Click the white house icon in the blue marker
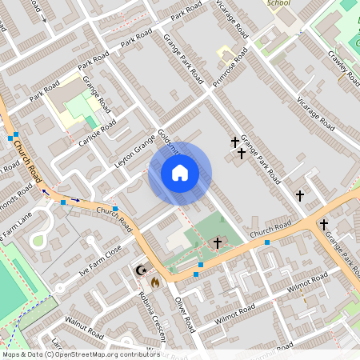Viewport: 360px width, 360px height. click(180, 173)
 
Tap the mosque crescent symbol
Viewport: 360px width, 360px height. click(142, 270)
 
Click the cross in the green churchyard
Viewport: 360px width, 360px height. click(217, 242)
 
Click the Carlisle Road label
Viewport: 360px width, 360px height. click(98, 133)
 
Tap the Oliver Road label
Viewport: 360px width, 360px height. click(184, 313)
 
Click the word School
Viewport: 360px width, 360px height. click(278, 3)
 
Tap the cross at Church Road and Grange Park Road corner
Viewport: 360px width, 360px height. click(324, 225)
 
